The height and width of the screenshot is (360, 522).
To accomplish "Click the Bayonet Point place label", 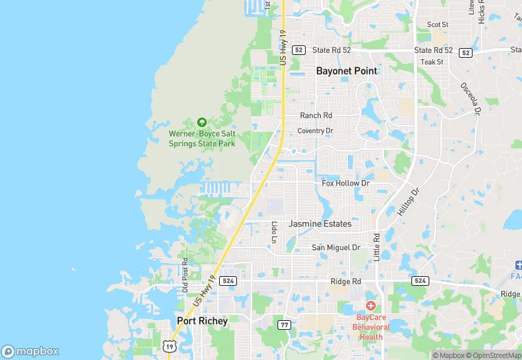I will (x=348, y=71).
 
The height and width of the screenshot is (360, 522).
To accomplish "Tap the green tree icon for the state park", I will (x=202, y=122).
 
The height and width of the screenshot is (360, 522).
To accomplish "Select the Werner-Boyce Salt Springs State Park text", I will (x=202, y=138).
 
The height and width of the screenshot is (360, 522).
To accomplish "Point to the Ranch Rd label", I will (x=316, y=115).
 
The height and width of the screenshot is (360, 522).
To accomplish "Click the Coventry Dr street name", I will (x=315, y=131).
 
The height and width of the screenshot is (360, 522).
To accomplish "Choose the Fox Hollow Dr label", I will (x=345, y=183).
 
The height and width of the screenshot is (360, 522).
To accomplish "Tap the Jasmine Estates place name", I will (x=320, y=224).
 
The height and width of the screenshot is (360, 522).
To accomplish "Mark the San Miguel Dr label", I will (x=336, y=247).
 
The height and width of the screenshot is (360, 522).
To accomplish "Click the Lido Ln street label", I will (x=273, y=232).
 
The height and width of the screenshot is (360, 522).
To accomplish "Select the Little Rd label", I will (x=376, y=246).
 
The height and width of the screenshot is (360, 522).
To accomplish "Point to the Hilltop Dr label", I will (x=407, y=203).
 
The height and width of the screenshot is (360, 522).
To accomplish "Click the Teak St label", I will (x=432, y=62).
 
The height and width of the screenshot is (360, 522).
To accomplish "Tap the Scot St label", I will (x=438, y=25).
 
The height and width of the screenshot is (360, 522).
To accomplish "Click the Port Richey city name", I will (x=202, y=321).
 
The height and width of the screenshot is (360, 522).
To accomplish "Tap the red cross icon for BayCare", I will (x=371, y=305).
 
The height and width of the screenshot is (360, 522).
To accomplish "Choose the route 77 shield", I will (x=284, y=324).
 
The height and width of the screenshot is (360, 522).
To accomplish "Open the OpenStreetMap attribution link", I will (x=493, y=355).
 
